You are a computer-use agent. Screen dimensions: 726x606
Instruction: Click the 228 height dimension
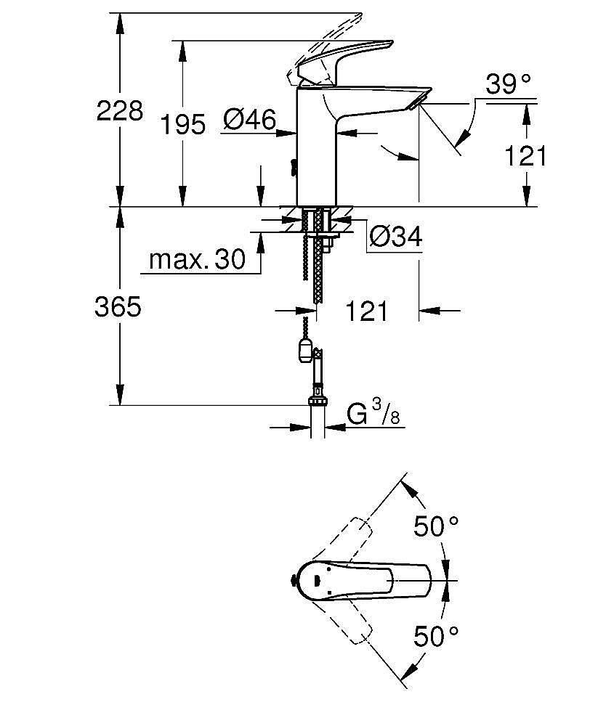(x=120, y=112)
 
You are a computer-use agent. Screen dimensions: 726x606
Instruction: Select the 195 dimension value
(x=183, y=125)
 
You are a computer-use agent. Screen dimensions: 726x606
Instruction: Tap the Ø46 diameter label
(x=249, y=119)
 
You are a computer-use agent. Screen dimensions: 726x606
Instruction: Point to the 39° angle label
(x=508, y=85)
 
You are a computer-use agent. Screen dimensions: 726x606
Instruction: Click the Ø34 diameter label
(x=395, y=237)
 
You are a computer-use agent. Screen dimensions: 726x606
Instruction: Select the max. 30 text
(x=197, y=259)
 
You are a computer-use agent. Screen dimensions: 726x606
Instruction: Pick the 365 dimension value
(x=118, y=307)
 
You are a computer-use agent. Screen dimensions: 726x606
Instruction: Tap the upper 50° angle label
(x=437, y=526)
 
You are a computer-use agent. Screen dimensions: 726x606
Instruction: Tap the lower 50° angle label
(x=437, y=637)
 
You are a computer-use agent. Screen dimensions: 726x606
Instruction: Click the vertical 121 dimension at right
(x=525, y=156)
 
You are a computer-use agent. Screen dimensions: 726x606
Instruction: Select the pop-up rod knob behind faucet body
(x=292, y=166)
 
